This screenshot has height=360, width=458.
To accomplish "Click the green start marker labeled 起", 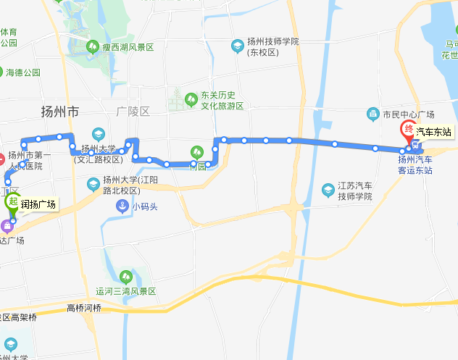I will click(x=13, y=202).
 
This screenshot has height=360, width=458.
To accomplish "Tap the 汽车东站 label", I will click(x=433, y=132).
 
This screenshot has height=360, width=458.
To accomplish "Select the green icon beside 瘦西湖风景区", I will click(x=93, y=47).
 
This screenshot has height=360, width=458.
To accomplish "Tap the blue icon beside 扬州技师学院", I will click(x=237, y=46).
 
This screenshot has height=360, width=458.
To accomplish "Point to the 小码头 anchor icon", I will click(x=124, y=206).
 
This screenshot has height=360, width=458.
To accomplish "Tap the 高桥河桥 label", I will click(x=84, y=308).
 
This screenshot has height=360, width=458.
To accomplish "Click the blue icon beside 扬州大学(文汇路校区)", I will click(x=98, y=134).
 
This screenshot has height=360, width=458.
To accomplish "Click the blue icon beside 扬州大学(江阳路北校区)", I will click(x=93, y=184).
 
